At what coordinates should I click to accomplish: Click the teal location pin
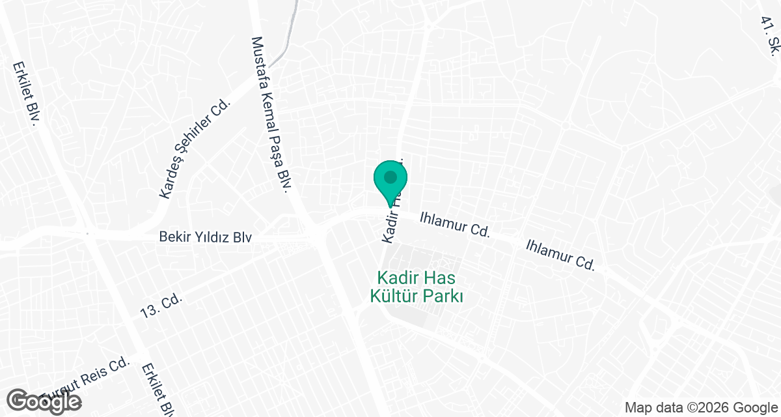coord(390,182)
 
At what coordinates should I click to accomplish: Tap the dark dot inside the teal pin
coord(390,177)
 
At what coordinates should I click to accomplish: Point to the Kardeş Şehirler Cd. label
coord(195,149)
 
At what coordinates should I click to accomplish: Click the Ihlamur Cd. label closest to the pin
coord(454,223)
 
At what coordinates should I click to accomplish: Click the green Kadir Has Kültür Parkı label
coord(417,287)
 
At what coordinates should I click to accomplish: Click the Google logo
coord(46,401)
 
